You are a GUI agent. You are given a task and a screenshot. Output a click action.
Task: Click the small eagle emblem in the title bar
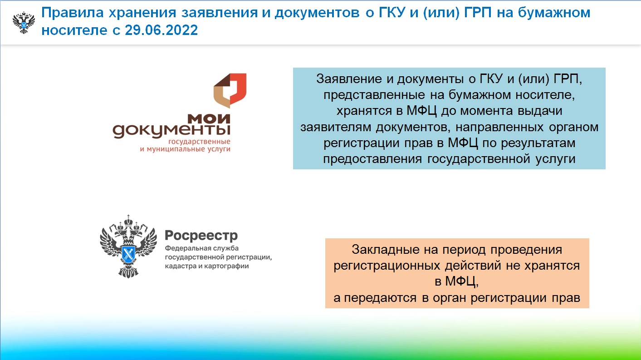(x=24, y=23)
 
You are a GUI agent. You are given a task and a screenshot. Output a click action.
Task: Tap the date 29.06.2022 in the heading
(x=161, y=30)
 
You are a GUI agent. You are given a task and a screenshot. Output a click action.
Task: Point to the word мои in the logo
(x=209, y=119)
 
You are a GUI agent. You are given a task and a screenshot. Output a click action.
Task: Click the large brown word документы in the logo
(x=171, y=131)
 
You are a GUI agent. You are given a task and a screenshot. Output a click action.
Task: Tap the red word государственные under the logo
(x=199, y=142)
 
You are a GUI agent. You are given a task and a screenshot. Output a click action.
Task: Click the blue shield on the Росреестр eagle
(x=128, y=253)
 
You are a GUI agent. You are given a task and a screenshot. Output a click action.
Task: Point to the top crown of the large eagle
(x=128, y=221)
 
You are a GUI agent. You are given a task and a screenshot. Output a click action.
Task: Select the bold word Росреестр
(x=201, y=236)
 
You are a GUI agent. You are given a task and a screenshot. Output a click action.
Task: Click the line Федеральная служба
(x=202, y=248)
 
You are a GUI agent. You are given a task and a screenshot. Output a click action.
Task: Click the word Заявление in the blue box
(x=349, y=79)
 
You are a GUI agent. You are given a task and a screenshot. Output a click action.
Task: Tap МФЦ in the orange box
(x=461, y=282)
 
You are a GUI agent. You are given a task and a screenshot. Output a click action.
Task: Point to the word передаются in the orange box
(x=380, y=298)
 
